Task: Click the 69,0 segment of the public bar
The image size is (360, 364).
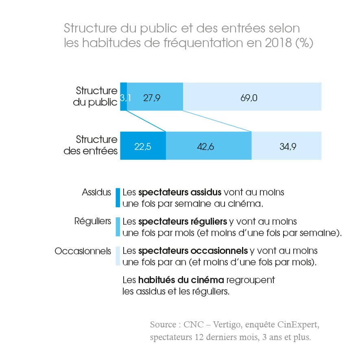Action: pyautogui.click(x=252, y=97)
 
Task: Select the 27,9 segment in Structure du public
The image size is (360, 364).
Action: pyautogui.click(x=155, y=97)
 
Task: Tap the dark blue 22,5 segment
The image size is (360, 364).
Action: pyautogui.click(x=143, y=146)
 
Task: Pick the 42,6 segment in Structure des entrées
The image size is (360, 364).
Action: pyautogui.click(x=209, y=146)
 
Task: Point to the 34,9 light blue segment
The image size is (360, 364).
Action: pyautogui.click(x=286, y=146)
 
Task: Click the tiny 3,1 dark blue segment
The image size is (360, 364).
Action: pyautogui.click(x=124, y=97)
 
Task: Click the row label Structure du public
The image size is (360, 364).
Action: pyautogui.click(x=96, y=97)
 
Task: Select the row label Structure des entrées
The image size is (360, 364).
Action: pyautogui.click(x=91, y=145)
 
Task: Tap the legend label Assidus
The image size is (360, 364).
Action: pyautogui.click(x=96, y=192)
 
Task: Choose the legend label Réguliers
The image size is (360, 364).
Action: pyautogui.click(x=92, y=221)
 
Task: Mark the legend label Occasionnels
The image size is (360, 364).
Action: pyautogui.click(x=83, y=251)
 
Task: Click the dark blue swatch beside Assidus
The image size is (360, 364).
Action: pyautogui.click(x=118, y=197)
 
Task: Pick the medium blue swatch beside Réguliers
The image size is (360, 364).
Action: pyautogui.click(x=118, y=227)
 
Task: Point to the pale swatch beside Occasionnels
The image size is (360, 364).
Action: pyautogui.click(x=118, y=256)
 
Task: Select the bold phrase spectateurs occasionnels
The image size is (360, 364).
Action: pyautogui.click(x=193, y=251)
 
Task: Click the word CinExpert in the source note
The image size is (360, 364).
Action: pyautogui.click(x=299, y=325)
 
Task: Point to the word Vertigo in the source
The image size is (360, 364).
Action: pyautogui.click(x=223, y=325)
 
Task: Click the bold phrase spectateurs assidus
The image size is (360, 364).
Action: pyautogui.click(x=180, y=192)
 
